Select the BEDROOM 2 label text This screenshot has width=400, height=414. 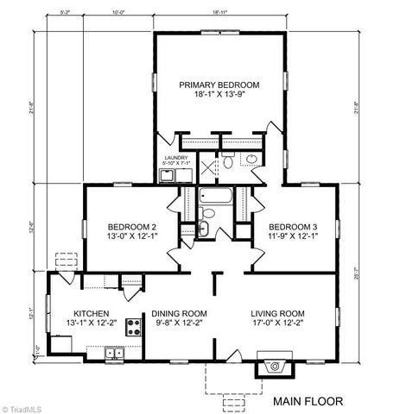point(132,227)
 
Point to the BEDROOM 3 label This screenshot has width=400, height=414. point(295,227)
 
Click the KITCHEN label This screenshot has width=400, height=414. point(91,313)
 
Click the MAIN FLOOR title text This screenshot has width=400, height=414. point(308,401)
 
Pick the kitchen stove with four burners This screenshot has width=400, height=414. point(134,327)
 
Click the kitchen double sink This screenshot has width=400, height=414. point(114,352)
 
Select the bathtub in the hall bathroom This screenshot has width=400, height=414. point(212,197)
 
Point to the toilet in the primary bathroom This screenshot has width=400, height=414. point(228,160)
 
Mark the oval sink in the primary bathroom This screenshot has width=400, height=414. point(251,159)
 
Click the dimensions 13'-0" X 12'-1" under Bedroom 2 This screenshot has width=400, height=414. point(132,238)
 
